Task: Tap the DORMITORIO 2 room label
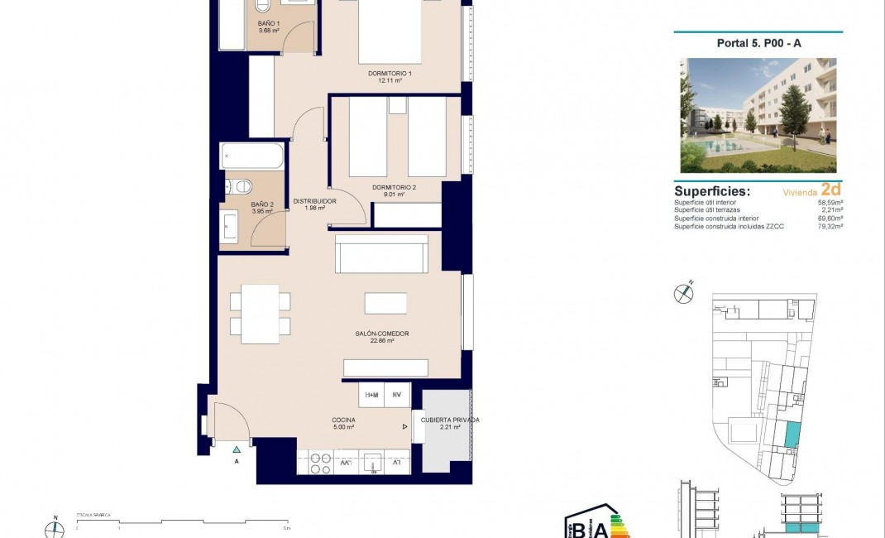[x=394, y=188]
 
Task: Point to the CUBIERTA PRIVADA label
[x=449, y=420]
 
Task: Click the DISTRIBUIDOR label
[x=314, y=201]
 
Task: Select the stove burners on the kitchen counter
[x=320, y=464]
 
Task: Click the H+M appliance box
[x=372, y=395]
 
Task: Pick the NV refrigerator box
[x=397, y=395]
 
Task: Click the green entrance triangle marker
[x=237, y=448]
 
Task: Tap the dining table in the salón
[x=260, y=314]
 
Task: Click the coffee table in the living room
[x=385, y=303]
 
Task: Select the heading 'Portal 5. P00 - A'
[x=758, y=44]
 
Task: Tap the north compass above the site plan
[x=683, y=292]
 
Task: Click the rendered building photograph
[x=758, y=115]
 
